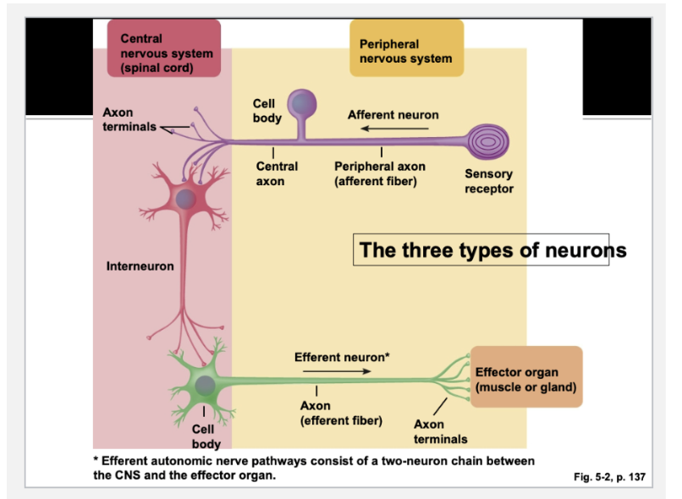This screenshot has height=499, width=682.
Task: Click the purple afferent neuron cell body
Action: pos(302,105)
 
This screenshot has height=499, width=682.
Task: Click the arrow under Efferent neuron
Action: pos(336,370)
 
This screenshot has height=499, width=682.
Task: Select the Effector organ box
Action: pos(525,378)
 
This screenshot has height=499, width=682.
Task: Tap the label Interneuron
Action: pos(140,266)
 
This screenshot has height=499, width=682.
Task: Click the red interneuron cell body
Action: pos(188,198)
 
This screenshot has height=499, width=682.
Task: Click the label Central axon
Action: pos(277,173)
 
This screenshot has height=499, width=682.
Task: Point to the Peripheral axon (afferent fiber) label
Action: pos(380,173)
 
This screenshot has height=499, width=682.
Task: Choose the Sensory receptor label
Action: pos(488,181)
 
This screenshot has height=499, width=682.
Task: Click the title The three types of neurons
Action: pos(492,250)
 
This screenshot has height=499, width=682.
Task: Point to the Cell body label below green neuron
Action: pos(206,436)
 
